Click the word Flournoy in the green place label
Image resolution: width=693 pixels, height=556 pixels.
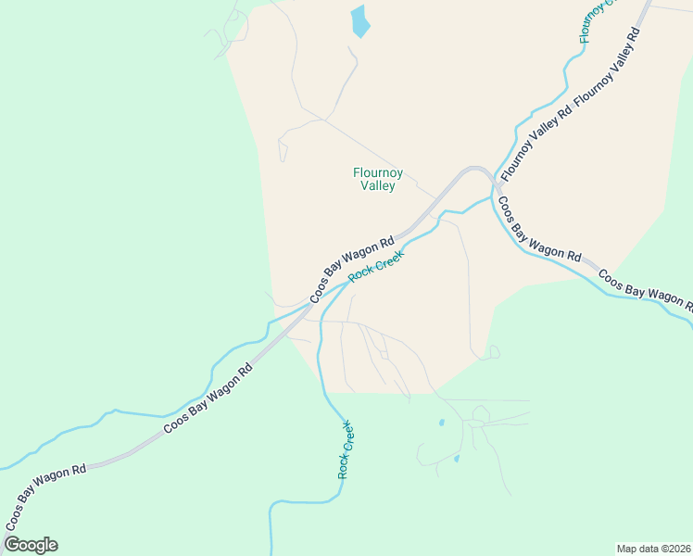378,171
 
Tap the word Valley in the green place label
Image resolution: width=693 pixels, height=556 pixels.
378,185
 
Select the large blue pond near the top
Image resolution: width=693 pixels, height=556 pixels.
359,20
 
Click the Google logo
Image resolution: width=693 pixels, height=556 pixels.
31,545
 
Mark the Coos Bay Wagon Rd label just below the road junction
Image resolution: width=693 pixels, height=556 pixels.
538,229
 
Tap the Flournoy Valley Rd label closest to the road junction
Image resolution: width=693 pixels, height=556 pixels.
534,137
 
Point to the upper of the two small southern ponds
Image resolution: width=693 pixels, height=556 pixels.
441,423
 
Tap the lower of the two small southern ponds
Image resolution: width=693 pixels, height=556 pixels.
456,458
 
